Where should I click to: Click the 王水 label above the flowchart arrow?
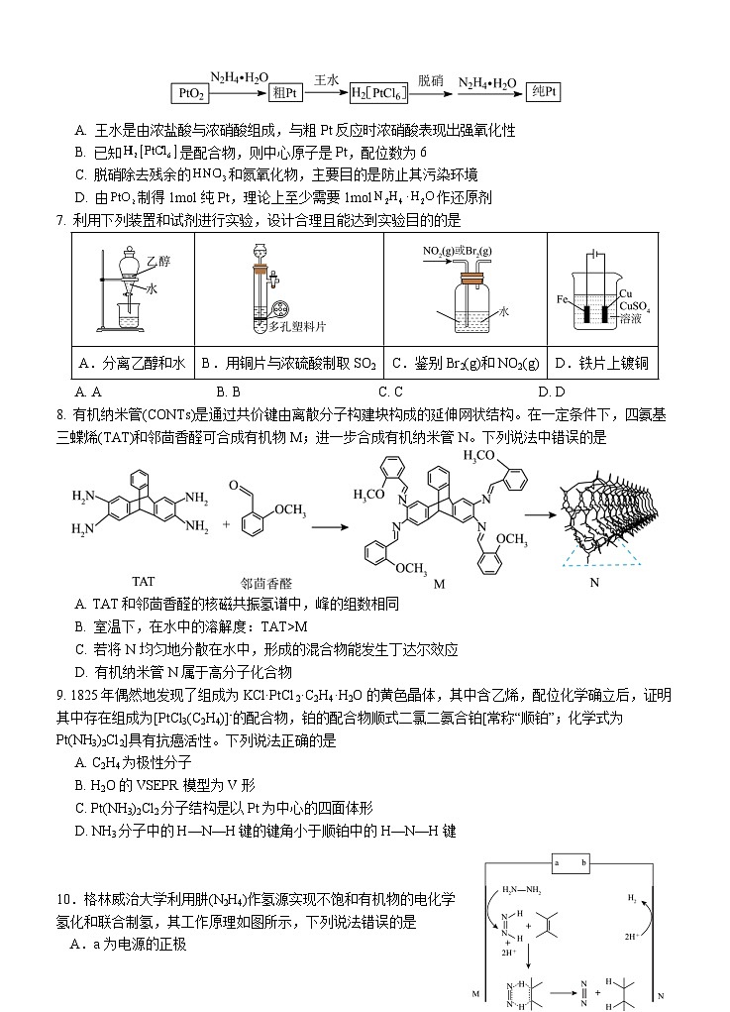327,76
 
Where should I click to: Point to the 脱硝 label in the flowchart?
430,76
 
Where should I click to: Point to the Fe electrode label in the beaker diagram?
562,298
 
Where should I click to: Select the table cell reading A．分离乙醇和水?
132,364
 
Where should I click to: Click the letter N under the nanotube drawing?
594,583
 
